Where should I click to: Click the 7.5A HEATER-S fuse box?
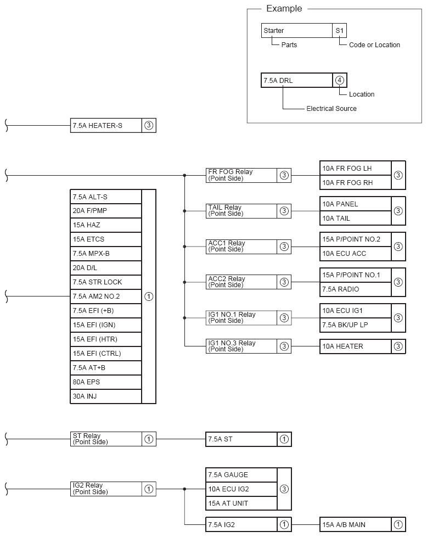click(x=106, y=126)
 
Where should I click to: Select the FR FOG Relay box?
click(x=241, y=175)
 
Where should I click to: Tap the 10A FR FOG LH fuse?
click(x=355, y=168)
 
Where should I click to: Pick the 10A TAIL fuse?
click(x=355, y=218)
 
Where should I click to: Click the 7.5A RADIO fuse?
click(x=355, y=289)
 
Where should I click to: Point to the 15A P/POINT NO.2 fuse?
click(x=355, y=239)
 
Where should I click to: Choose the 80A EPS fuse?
click(x=106, y=382)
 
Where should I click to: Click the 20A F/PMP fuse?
click(x=106, y=211)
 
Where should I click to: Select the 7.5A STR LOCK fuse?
click(x=106, y=282)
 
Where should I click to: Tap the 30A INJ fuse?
click(x=106, y=396)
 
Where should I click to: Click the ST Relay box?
click(x=106, y=439)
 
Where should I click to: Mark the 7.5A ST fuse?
click(x=241, y=439)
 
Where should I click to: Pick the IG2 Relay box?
click(x=106, y=489)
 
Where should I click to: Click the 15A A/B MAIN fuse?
click(x=355, y=524)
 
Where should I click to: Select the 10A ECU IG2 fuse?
click(x=241, y=489)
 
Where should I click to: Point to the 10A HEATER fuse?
click(x=355, y=346)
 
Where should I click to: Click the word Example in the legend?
click(x=284, y=9)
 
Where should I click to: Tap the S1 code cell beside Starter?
click(x=340, y=31)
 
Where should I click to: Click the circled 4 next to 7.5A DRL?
click(x=340, y=81)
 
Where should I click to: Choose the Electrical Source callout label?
click(x=331, y=109)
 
